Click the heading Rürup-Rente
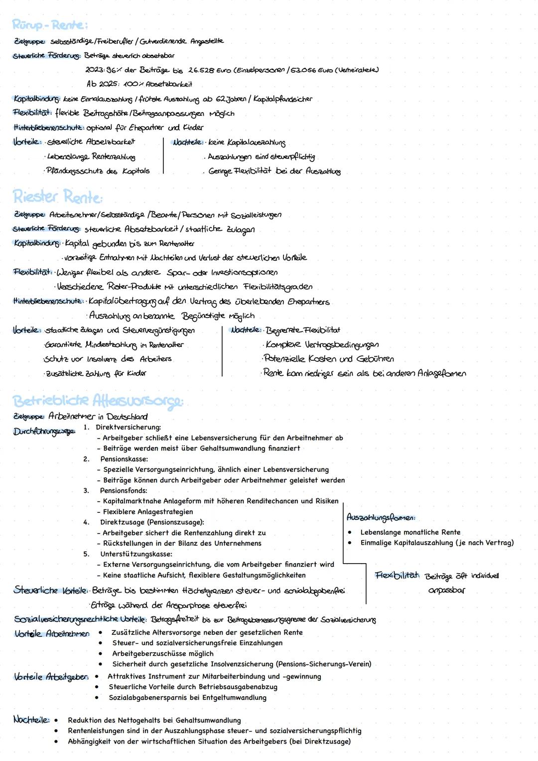(x=50, y=25)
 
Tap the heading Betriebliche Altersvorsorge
(x=98, y=401)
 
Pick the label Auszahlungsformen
(x=381, y=517)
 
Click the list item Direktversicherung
(x=128, y=427)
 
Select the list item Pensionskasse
(x=124, y=459)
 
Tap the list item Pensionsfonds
(x=124, y=491)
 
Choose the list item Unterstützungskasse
(x=136, y=554)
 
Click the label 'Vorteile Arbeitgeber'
(x=51, y=677)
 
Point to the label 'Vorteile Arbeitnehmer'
(x=52, y=633)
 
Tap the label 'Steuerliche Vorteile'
(x=51, y=591)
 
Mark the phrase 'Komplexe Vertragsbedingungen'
(x=322, y=344)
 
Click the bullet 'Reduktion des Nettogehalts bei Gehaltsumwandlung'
(x=154, y=720)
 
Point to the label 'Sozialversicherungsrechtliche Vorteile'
(x=80, y=619)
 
